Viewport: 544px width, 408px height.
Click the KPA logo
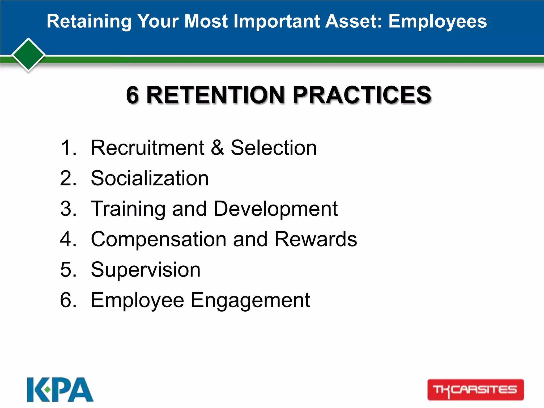tap(60, 389)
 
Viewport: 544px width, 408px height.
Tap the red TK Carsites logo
tap(475, 390)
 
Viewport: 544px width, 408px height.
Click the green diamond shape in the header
tap(28, 55)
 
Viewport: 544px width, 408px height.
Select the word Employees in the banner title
tap(437, 21)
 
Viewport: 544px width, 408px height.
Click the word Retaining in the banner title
tap(89, 21)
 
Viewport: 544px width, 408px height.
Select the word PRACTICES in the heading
tap(362, 95)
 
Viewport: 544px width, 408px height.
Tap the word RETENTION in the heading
tap(215, 95)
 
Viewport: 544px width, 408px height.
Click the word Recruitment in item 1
tap(147, 148)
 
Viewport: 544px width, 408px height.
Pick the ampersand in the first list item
tap(218, 148)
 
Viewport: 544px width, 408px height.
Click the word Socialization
tap(150, 178)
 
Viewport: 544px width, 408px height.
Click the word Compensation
tap(158, 239)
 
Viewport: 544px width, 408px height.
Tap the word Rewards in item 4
tap(316, 239)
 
